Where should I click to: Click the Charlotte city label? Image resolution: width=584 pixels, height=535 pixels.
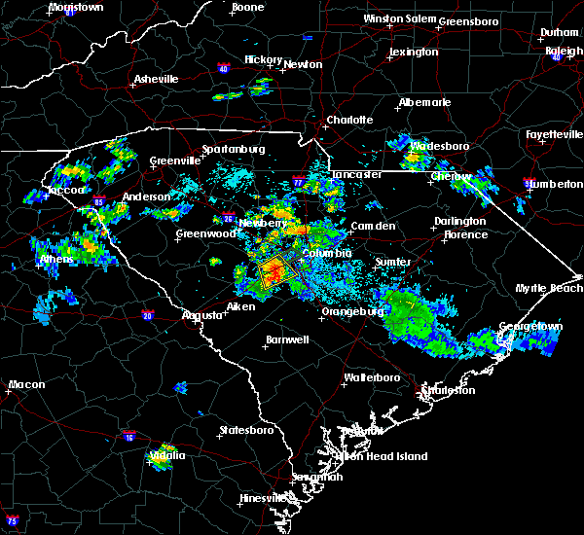click(x=348, y=120)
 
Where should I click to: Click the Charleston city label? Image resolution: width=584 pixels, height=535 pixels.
click(x=447, y=390)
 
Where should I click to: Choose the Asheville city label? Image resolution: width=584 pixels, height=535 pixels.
click(x=157, y=79)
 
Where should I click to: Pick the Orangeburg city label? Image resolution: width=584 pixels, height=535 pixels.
click(x=348, y=312)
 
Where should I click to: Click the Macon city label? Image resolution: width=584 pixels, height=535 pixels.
click(x=26, y=384)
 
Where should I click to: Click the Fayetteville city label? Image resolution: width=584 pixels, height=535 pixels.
click(x=551, y=133)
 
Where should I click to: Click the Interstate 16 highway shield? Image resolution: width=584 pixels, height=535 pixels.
click(x=129, y=438)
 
